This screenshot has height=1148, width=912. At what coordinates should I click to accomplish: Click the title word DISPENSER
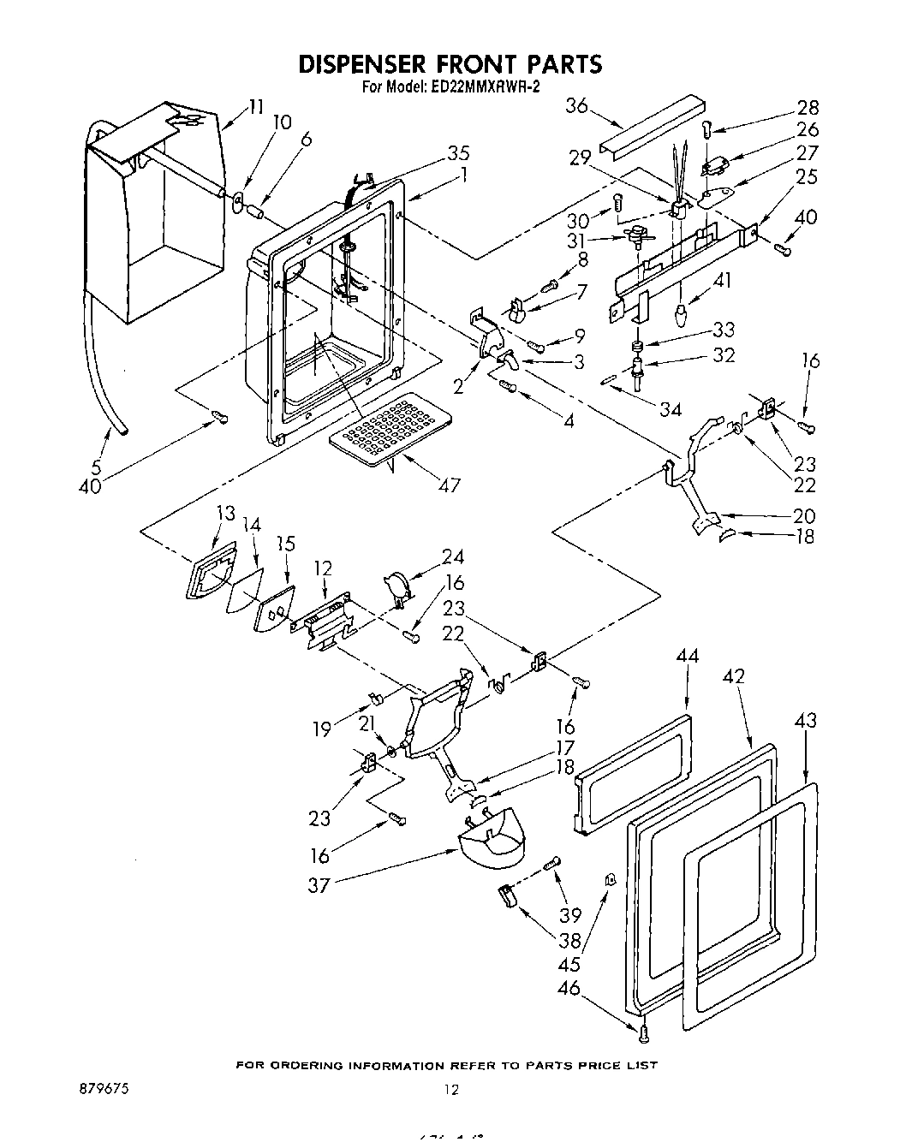coord(364,64)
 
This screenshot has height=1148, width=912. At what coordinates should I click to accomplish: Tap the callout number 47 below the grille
coord(449,485)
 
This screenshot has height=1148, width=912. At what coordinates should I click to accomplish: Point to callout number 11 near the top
coord(256,107)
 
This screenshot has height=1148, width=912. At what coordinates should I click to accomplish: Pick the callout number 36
coord(577,106)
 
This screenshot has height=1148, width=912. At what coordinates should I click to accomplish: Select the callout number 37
coord(319,885)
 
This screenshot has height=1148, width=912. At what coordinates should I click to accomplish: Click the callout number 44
coord(688,656)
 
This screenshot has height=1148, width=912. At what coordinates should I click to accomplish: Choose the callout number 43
coord(805,721)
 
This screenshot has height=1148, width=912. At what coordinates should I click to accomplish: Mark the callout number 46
coord(569,989)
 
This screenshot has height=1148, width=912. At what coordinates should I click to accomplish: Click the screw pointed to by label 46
coord(644,1033)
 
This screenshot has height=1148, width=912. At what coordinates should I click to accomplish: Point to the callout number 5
coord(96,467)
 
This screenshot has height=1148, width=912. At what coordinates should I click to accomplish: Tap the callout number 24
coord(453,557)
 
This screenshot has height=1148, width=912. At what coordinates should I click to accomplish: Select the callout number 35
coord(458,154)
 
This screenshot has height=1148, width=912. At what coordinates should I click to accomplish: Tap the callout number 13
coord(225,513)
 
